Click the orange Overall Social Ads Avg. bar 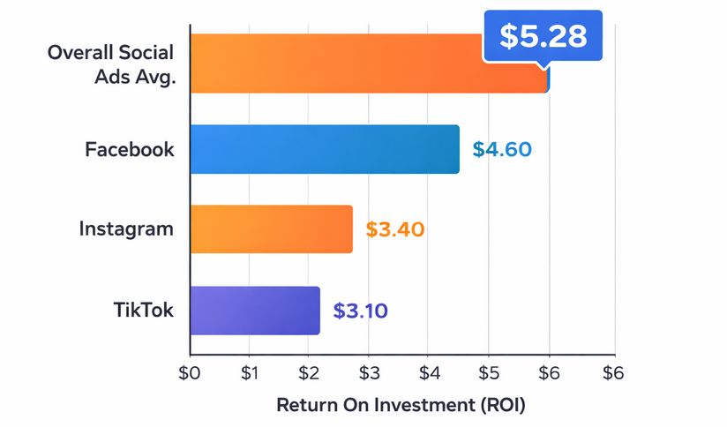pos(335,64)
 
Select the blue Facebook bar pos(324,149)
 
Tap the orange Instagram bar pos(271,229)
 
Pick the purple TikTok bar pos(254,311)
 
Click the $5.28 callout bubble pos(543,36)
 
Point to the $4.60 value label pos(502,149)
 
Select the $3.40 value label pos(395,230)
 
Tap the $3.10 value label pos(361,311)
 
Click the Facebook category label pos(130,149)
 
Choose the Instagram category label pos(126,229)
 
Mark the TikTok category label pos(145,311)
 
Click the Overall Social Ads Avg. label pos(111,64)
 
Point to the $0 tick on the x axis pos(190,372)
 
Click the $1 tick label pos(250,372)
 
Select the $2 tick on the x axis pos(309,372)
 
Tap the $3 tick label pos(369,372)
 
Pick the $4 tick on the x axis pos(429,372)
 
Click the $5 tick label pos(489,372)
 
